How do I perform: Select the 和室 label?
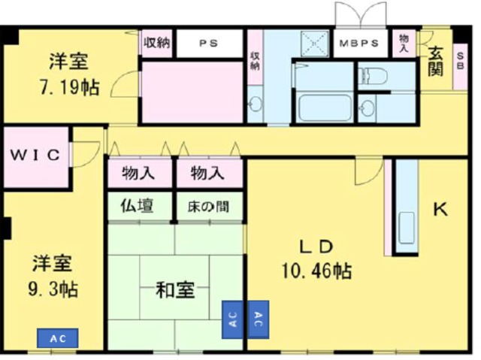[174, 289]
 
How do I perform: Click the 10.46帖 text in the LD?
[316, 269]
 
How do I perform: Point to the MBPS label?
[359, 43]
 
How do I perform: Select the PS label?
[208, 43]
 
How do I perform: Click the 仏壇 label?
[138, 205]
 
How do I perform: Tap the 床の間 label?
[208, 205]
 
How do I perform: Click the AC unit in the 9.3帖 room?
[58, 339]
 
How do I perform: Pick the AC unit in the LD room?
[259, 319]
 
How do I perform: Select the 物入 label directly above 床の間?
[208, 174]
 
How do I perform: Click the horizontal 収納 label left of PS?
[157, 42]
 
